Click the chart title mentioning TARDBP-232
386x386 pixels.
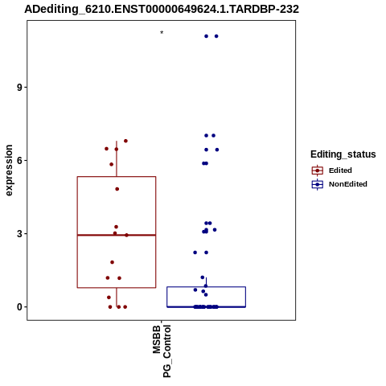(x=162, y=9)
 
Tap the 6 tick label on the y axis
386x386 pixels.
(x=19, y=161)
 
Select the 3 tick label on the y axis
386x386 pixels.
(x=19, y=234)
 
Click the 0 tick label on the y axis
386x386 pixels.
(x=19, y=307)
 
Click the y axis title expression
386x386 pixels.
(x=9, y=170)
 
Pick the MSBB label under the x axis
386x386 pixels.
(x=157, y=339)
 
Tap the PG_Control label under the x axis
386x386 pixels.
(x=166, y=351)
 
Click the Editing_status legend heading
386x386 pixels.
(x=343, y=154)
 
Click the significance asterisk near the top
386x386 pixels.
(x=162, y=33)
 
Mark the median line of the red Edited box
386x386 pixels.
(x=117, y=235)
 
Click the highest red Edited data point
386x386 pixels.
(x=125, y=141)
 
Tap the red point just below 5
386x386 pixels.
(x=117, y=189)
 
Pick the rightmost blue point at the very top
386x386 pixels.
(x=216, y=36)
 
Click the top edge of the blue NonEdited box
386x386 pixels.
(x=207, y=287)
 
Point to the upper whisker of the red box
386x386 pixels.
(x=117, y=158)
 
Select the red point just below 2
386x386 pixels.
(x=113, y=262)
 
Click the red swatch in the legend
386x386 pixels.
(x=318, y=170)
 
